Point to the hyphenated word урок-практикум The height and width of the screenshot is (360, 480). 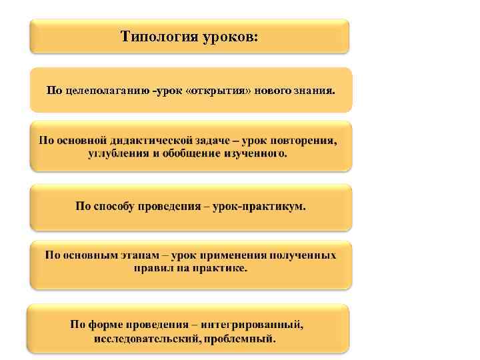[x=259, y=207]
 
